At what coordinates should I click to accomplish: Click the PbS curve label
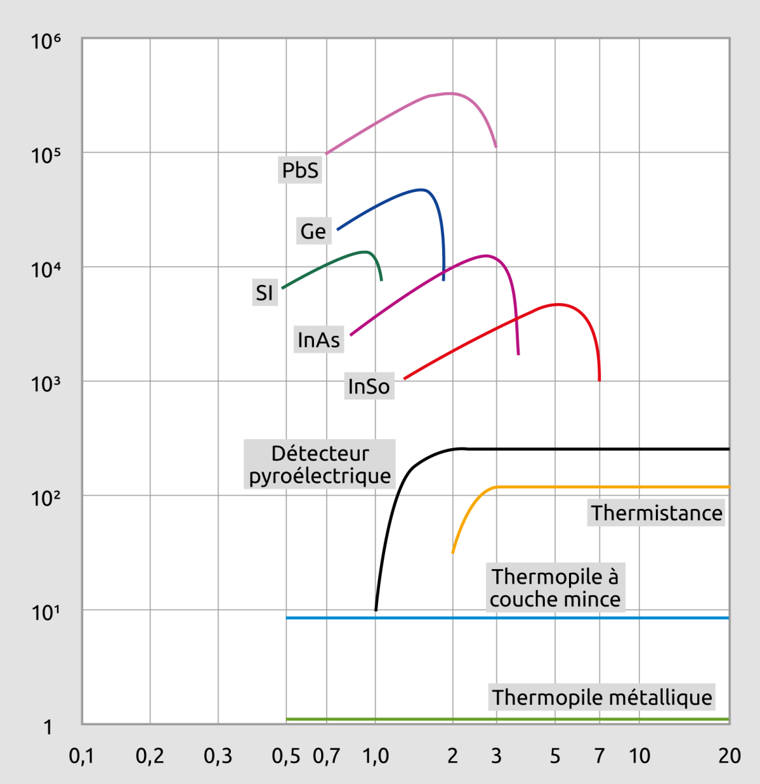[x=300, y=170]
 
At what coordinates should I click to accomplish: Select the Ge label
[x=313, y=231]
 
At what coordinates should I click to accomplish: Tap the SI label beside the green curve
[x=264, y=293]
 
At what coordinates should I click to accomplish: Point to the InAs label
[x=319, y=340]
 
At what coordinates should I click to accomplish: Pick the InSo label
[x=369, y=386]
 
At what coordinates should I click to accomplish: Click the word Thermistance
[x=657, y=513]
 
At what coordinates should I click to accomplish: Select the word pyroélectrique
[x=320, y=476]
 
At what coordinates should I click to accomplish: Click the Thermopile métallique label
[x=602, y=697]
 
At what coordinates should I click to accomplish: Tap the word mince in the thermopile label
[x=592, y=599]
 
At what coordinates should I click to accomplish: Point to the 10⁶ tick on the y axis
[x=46, y=41]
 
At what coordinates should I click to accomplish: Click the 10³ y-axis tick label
[x=46, y=384]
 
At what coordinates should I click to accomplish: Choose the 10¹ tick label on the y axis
[x=46, y=613]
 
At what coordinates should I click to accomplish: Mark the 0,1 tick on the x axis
[x=81, y=756]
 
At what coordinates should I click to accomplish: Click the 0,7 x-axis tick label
[x=326, y=756]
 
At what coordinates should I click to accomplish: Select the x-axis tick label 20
[x=729, y=756]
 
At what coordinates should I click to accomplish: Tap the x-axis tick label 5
[x=555, y=756]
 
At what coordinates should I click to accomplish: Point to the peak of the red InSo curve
[x=557, y=304]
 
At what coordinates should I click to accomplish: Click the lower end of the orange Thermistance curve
[x=453, y=553]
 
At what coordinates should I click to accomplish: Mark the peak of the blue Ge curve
[x=423, y=190]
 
